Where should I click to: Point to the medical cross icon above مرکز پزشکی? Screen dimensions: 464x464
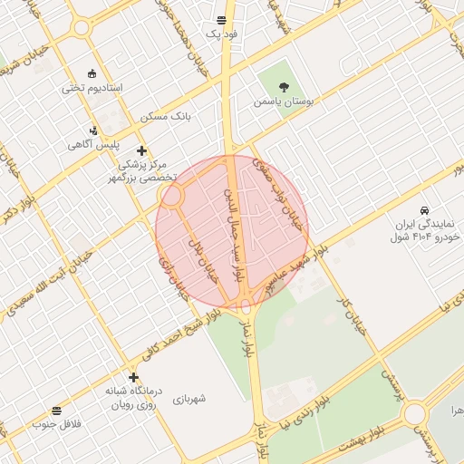pos(140,150)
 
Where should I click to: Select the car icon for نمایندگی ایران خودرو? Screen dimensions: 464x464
pos(424,209)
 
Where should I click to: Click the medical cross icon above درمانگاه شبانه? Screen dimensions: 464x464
pos(134,377)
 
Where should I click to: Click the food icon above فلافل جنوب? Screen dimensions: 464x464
pos(57,411)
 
